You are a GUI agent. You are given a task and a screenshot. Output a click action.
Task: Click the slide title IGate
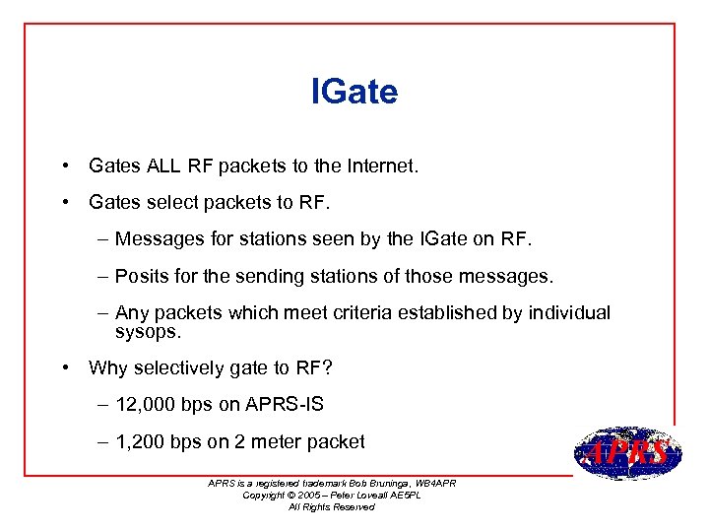pyautogui.click(x=354, y=92)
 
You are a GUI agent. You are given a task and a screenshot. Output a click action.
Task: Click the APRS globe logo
pyautogui.click(x=628, y=454)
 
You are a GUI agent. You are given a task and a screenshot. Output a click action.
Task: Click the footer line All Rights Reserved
pyautogui.click(x=331, y=506)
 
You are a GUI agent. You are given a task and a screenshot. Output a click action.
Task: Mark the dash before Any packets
pyautogui.click(x=103, y=313)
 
